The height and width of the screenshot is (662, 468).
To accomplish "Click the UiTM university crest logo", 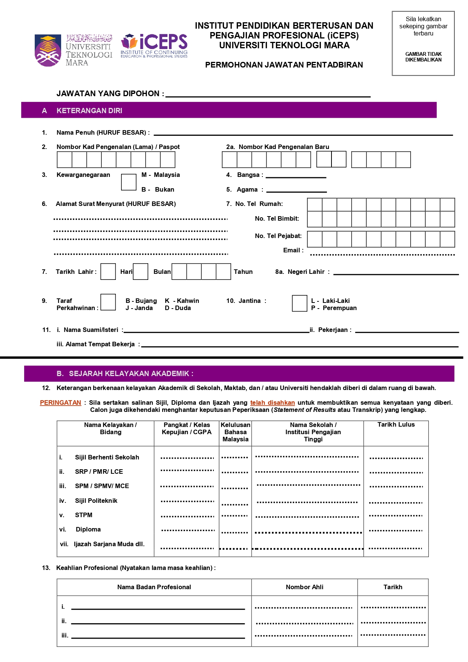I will click(x=48, y=51).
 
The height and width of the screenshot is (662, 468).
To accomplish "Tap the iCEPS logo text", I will click(x=163, y=41).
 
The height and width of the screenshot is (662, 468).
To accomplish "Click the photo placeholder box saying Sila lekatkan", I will click(x=423, y=43).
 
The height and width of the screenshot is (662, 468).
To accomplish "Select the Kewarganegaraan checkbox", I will click(x=129, y=182).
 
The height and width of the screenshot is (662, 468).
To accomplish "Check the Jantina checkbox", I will click(x=299, y=304).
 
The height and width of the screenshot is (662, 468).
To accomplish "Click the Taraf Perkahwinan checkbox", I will click(x=108, y=302).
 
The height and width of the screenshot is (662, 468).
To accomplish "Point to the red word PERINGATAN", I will click(x=60, y=402).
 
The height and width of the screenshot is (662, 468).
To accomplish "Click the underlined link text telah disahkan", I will click(x=272, y=402).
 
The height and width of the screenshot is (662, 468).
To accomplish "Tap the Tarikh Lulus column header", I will click(x=396, y=425).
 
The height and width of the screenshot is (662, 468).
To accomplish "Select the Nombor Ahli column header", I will click(x=304, y=587).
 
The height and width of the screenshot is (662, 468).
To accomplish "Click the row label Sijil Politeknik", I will click(x=96, y=501).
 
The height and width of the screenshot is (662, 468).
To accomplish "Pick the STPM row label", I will click(x=84, y=515).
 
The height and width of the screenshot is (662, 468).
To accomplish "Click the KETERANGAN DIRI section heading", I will click(x=89, y=111).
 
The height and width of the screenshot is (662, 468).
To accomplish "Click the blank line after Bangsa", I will click(x=296, y=177).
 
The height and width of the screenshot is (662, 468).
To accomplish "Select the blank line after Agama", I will click(x=296, y=192).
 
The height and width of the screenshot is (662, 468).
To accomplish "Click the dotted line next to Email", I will click(x=382, y=255).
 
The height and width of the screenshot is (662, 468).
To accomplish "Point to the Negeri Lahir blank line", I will click(x=396, y=274).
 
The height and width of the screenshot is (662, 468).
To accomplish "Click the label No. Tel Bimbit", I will click(x=277, y=218).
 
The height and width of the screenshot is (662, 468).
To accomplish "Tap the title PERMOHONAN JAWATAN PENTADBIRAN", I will click(x=284, y=65).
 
